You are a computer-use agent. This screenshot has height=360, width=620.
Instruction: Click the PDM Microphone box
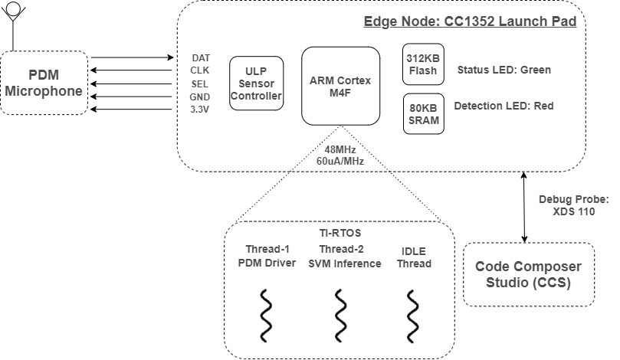(44, 83)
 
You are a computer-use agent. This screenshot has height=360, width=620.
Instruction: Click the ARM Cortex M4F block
(340, 86)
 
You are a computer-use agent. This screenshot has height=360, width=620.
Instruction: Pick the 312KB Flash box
(422, 64)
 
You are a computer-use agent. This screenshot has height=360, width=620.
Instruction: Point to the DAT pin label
(200, 57)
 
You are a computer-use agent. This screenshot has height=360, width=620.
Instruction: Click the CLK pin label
(200, 70)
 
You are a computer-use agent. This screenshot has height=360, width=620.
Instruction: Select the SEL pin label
(200, 83)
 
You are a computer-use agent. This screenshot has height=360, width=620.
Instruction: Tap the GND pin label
(200, 97)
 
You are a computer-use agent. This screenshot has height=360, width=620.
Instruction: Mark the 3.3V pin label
(200, 110)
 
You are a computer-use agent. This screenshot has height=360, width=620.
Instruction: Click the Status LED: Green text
(504, 70)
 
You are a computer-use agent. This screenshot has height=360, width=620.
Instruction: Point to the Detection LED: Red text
(504, 106)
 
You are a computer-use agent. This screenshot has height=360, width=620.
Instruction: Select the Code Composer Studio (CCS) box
(528, 274)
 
